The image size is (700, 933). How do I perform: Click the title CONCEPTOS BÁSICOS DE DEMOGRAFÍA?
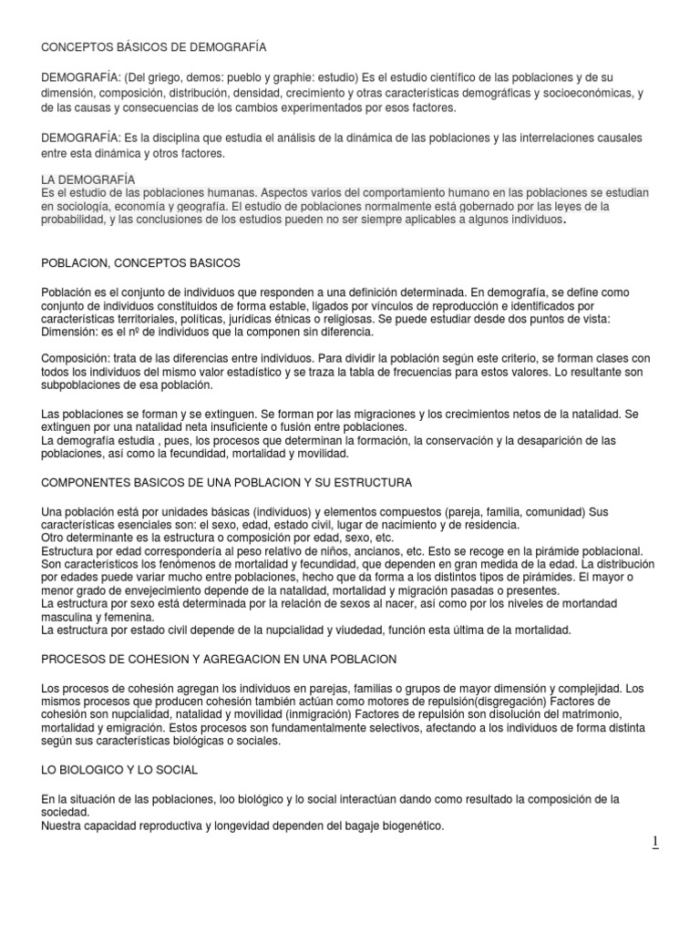tap(154, 46)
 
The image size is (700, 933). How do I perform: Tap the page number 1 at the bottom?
tap(654, 843)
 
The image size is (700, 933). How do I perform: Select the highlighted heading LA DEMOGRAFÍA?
tap(88, 179)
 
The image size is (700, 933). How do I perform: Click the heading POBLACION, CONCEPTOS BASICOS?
tap(141, 262)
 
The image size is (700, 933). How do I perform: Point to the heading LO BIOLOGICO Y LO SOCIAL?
tap(119, 770)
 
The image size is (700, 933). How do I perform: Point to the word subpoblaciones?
tap(84, 384)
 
